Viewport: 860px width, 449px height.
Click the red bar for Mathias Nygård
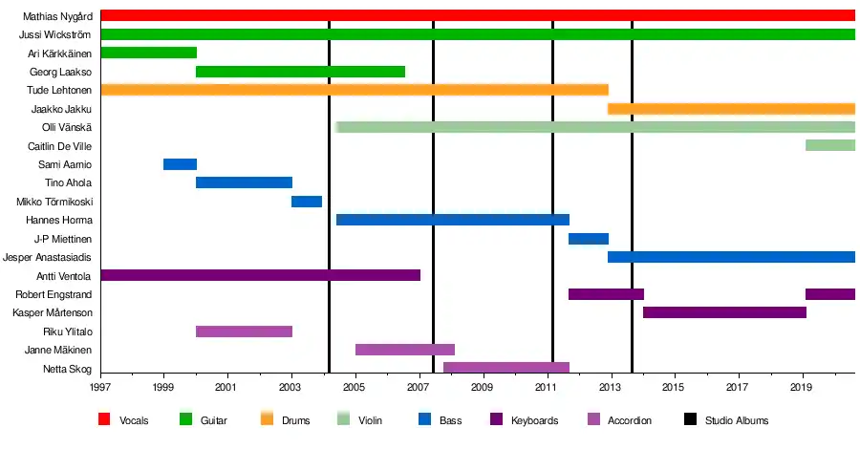click(x=478, y=15)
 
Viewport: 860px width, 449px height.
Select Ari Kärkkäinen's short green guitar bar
click(x=148, y=53)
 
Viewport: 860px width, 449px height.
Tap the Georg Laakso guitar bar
click(x=300, y=72)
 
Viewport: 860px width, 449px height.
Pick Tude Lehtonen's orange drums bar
click(x=354, y=90)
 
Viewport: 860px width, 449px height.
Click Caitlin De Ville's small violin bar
click(x=829, y=145)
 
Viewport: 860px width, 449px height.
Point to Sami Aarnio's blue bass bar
click(x=180, y=164)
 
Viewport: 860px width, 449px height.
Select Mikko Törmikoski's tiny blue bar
click(x=307, y=202)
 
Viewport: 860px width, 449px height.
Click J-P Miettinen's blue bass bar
click(x=589, y=239)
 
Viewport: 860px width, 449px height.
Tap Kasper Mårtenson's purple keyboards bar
click(x=724, y=312)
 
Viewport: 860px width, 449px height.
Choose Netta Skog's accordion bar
click(x=506, y=368)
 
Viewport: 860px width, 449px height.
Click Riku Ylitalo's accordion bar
click(x=244, y=331)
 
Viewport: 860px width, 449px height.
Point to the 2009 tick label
click(x=483, y=388)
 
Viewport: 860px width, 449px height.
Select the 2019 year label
click(x=801, y=388)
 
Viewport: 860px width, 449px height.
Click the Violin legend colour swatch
click(x=345, y=419)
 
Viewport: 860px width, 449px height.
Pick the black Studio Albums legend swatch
click(x=691, y=419)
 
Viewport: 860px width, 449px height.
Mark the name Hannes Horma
click(x=63, y=220)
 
